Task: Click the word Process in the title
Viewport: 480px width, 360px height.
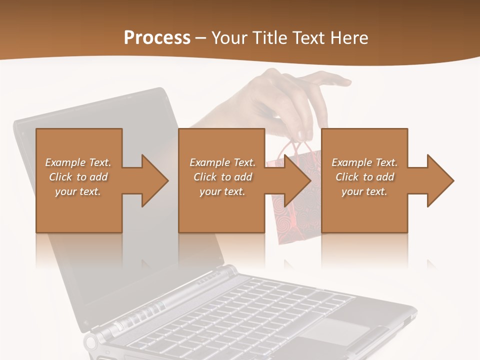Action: [x=157, y=37]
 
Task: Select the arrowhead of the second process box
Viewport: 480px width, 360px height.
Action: [x=297, y=180]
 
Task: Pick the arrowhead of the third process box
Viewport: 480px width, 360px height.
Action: [x=439, y=180]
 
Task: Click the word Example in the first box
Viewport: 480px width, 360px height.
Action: [x=65, y=162]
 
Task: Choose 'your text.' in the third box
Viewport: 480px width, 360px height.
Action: [x=364, y=191]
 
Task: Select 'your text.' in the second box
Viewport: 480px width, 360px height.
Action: [x=222, y=191]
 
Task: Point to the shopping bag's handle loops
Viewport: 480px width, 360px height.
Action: [x=295, y=148]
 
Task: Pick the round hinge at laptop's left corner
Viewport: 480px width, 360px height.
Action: [x=91, y=343]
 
